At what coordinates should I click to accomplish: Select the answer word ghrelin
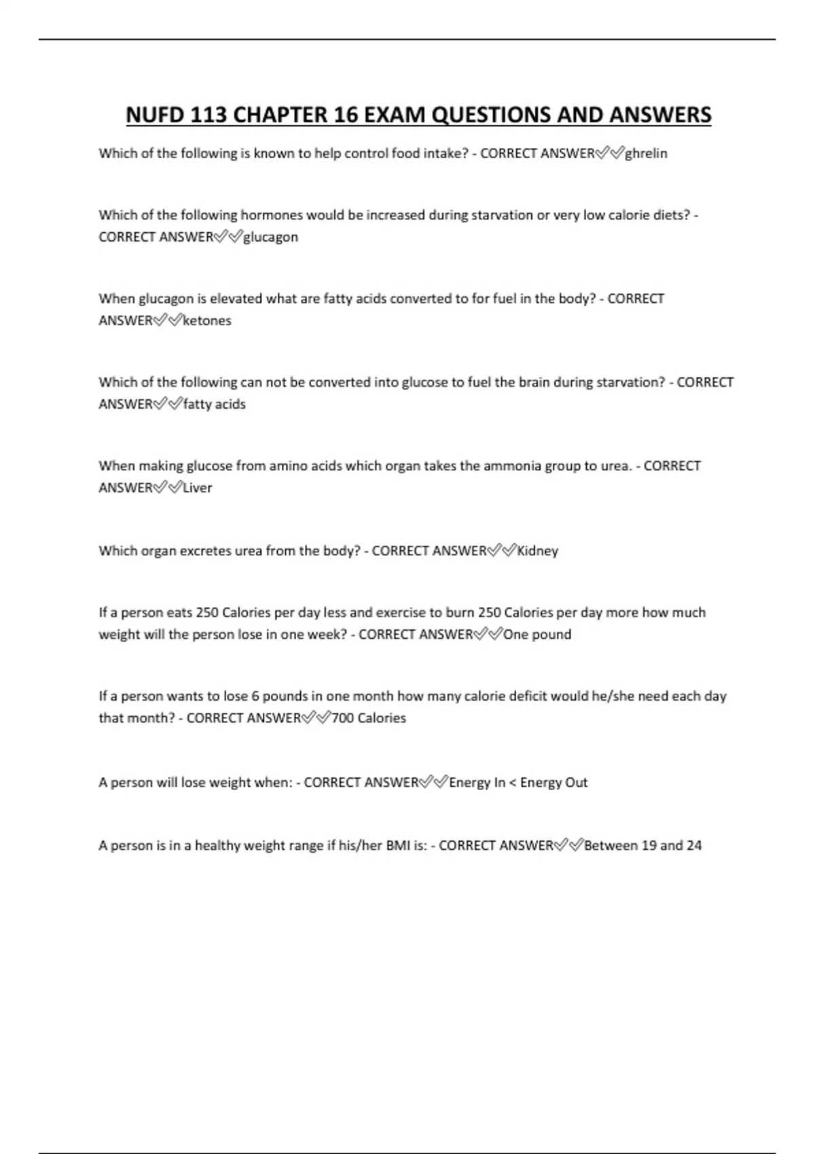point(646,153)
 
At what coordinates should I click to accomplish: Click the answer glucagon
point(270,237)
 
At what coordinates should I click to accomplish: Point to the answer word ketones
point(207,320)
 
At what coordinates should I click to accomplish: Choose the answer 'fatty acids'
point(215,404)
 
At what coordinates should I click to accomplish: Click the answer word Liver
point(198,487)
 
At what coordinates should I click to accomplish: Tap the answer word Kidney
point(538,551)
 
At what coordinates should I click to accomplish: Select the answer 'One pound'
point(537,634)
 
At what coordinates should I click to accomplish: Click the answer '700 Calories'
point(368,718)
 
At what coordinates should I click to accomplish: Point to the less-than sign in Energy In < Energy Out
point(513,783)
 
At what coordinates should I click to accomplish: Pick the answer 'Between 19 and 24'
point(642,846)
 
